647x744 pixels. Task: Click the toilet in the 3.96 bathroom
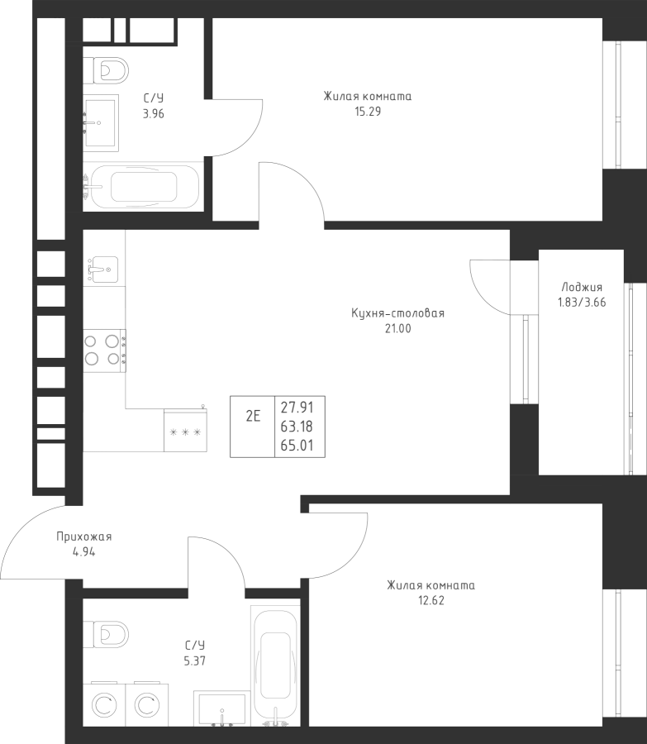pyautogui.click(x=107, y=69)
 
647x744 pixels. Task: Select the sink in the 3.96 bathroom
pyautogui.click(x=102, y=122)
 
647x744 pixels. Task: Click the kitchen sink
pyautogui.click(x=103, y=269)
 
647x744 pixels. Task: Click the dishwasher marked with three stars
pyautogui.click(x=185, y=432)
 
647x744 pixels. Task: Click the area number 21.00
pyautogui.click(x=397, y=328)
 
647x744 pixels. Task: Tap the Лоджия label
pyautogui.click(x=582, y=288)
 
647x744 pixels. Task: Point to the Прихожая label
pyautogui.click(x=83, y=537)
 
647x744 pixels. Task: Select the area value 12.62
pyautogui.click(x=431, y=600)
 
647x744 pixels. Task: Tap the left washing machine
pyautogui.click(x=104, y=705)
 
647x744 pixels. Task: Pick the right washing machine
pyautogui.click(x=146, y=705)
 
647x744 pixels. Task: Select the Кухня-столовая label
pyautogui.click(x=397, y=313)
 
